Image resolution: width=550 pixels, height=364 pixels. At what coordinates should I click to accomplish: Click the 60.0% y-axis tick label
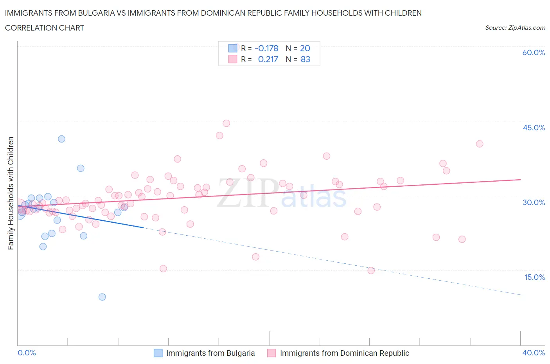534,52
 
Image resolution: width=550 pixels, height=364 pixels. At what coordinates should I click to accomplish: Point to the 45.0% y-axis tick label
534,128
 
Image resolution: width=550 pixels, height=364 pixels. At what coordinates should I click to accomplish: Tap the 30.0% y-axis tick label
534,202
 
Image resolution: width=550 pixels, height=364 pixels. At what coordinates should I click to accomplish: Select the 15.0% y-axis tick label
534,277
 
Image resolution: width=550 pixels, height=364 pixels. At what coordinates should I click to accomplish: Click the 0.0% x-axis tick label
27,353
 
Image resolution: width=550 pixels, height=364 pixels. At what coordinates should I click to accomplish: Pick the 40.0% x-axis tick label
534,353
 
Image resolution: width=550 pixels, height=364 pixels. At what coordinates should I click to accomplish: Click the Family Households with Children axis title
11,193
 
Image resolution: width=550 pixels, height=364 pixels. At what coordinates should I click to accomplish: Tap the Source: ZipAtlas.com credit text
515,28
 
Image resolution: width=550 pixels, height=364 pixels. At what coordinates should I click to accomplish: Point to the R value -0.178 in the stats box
266,48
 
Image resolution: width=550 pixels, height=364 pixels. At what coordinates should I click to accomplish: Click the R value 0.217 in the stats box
268,59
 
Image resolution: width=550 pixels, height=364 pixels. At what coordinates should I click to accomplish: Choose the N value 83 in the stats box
305,59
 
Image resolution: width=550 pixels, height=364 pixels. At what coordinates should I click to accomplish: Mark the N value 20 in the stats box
305,48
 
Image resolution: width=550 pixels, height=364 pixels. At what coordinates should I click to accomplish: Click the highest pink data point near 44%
226,123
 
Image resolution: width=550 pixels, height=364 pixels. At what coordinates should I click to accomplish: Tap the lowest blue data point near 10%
102,297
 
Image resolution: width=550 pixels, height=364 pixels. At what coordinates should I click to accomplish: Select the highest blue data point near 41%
61,139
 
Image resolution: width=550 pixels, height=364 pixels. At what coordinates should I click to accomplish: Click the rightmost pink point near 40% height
480,144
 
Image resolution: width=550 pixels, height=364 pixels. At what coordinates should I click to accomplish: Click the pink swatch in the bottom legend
271,353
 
